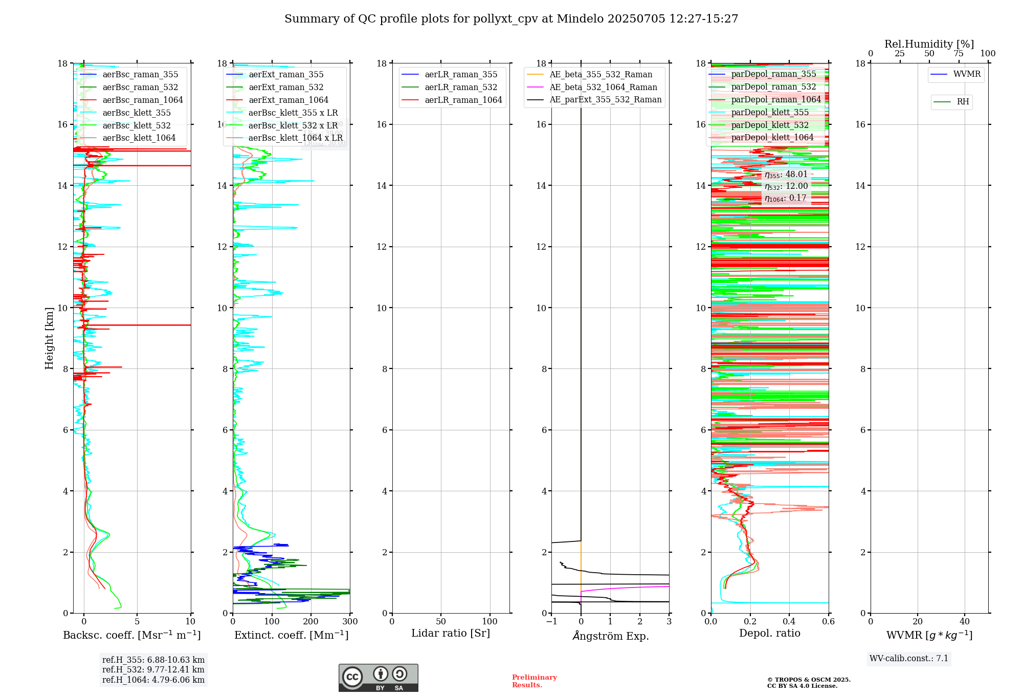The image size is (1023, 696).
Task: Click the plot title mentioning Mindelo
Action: tap(511, 19)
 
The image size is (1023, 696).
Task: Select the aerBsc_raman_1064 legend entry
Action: tap(142, 100)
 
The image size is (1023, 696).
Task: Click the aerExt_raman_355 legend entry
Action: tap(286, 75)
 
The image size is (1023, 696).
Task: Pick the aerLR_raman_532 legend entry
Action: tap(460, 88)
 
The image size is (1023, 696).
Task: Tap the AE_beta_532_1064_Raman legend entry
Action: tap(603, 88)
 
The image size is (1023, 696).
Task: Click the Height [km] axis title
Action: tap(49, 338)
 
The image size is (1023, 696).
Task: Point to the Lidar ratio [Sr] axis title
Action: tap(451, 634)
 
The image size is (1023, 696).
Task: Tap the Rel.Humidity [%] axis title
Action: tap(929, 44)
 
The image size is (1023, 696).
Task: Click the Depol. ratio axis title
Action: tap(769, 634)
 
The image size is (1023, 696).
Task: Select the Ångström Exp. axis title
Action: tap(610, 636)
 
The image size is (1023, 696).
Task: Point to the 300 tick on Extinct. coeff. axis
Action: tap(350, 622)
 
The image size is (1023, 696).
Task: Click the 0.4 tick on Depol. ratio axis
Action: tap(789, 622)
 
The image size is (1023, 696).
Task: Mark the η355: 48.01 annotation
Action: tap(786, 175)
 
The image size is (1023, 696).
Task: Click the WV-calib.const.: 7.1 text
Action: tap(909, 659)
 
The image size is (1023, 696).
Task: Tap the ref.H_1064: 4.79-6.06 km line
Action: tap(153, 680)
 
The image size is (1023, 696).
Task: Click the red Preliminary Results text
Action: tap(534, 681)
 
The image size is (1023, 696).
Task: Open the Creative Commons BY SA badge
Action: tap(378, 678)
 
